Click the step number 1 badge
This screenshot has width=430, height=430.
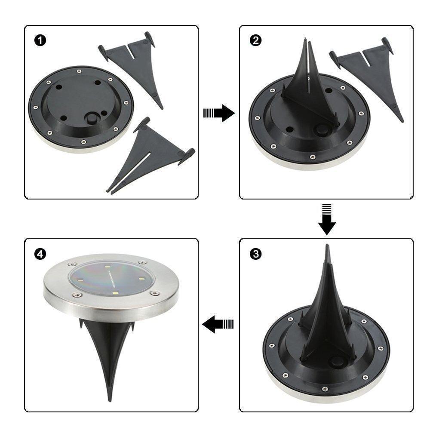tap(40, 41)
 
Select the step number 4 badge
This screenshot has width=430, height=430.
tap(40, 254)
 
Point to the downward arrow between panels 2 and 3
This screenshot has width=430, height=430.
tap(327, 219)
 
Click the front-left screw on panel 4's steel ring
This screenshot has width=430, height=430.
tap(77, 295)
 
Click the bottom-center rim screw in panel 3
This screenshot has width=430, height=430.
tap(323, 390)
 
